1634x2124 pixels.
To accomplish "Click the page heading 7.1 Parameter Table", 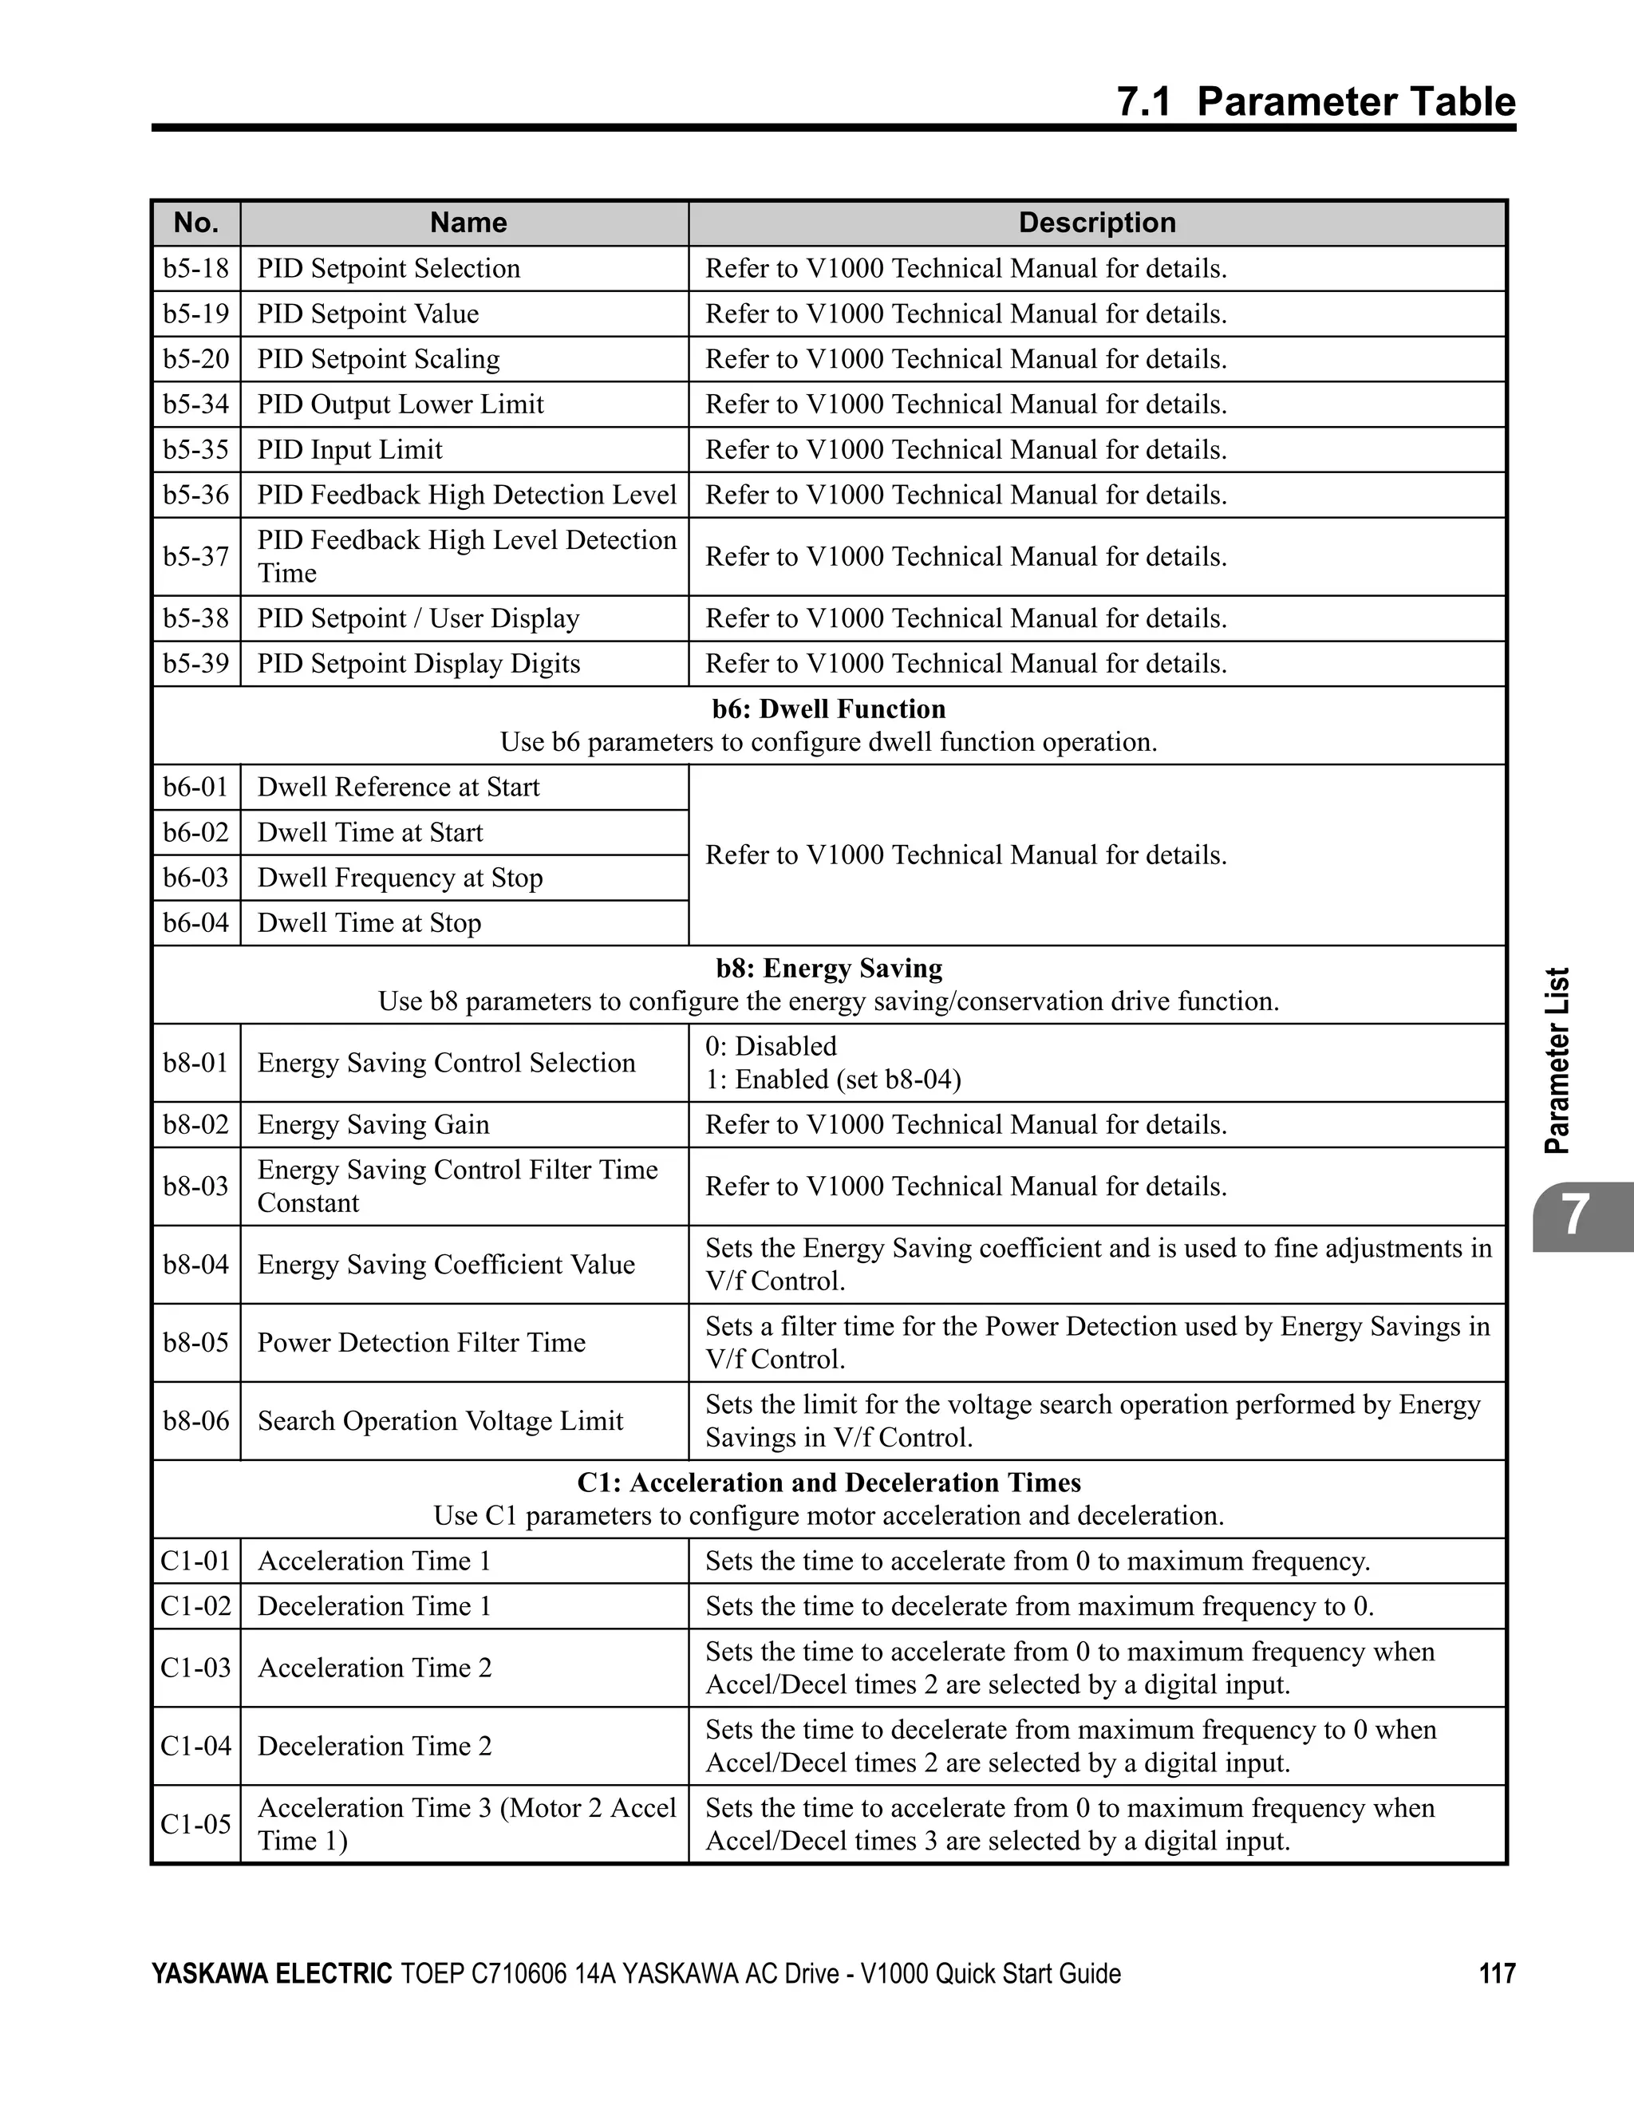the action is coord(1315,102).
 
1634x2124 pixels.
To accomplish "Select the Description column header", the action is coord(1096,223).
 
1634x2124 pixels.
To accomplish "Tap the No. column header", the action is coord(195,223).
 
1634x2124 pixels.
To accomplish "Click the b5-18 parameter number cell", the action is coord(195,268).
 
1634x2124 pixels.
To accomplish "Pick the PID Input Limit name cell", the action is coord(349,449).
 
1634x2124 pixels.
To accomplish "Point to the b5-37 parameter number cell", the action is coord(195,556).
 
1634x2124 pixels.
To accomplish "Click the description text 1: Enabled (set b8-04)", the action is coord(833,1080).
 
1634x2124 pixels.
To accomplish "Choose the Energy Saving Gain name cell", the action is coord(373,1124).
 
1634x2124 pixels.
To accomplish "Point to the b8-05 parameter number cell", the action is coord(195,1342).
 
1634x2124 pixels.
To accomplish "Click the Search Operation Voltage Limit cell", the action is coord(440,1421).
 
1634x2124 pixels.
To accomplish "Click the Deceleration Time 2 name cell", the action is coord(374,1746).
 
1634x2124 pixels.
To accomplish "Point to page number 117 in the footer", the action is coord(1497,1973).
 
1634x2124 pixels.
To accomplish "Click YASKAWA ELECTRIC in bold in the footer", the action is coord(271,1973).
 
